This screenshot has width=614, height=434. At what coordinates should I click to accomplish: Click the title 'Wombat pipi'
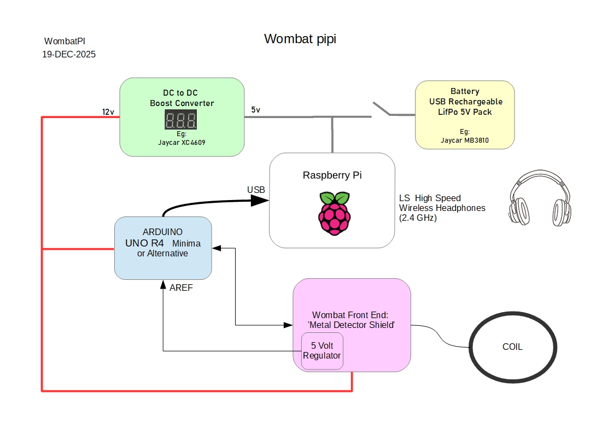[300, 39]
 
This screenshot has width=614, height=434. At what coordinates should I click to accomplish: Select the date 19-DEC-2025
[69, 55]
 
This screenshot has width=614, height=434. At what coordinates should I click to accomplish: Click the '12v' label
[108, 112]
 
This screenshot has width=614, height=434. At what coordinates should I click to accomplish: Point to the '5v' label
[256, 110]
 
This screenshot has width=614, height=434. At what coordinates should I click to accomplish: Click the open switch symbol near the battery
[382, 109]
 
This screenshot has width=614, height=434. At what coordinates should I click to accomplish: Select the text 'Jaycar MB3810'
[465, 140]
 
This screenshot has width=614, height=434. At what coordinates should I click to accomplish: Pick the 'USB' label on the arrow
[256, 190]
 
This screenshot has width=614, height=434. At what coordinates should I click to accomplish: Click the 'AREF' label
[181, 288]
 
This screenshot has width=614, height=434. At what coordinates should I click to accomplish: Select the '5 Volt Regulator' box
[322, 351]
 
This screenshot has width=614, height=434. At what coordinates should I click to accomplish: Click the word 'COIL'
[512, 347]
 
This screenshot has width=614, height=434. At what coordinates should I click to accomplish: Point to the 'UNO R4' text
[144, 243]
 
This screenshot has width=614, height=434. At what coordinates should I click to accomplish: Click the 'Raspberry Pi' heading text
[332, 175]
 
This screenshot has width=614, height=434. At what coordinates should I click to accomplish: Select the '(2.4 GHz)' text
[418, 218]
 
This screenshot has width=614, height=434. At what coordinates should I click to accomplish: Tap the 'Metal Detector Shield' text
[351, 325]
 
